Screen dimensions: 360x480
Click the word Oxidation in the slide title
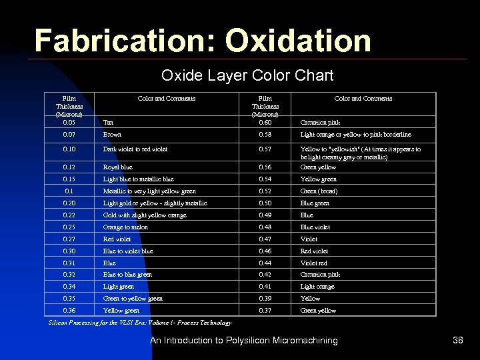click(x=297, y=41)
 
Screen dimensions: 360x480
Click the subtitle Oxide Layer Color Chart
click(x=247, y=75)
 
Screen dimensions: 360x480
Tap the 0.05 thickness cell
click(x=69, y=123)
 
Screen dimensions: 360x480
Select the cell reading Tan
click(x=108, y=123)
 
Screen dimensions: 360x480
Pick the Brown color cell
click(x=112, y=135)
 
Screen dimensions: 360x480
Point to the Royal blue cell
click(x=117, y=167)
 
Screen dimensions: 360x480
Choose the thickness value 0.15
click(x=69, y=179)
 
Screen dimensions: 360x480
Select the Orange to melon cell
click(x=125, y=227)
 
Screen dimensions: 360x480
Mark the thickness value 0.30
click(x=69, y=251)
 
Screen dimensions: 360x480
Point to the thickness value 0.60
click(x=265, y=123)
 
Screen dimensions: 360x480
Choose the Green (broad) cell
click(x=319, y=191)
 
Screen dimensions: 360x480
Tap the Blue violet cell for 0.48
click(x=315, y=227)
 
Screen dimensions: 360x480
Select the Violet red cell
click(x=314, y=263)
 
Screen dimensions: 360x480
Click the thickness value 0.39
click(x=265, y=299)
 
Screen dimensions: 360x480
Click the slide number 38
click(x=457, y=341)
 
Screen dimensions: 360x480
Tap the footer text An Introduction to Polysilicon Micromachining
click(x=243, y=341)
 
